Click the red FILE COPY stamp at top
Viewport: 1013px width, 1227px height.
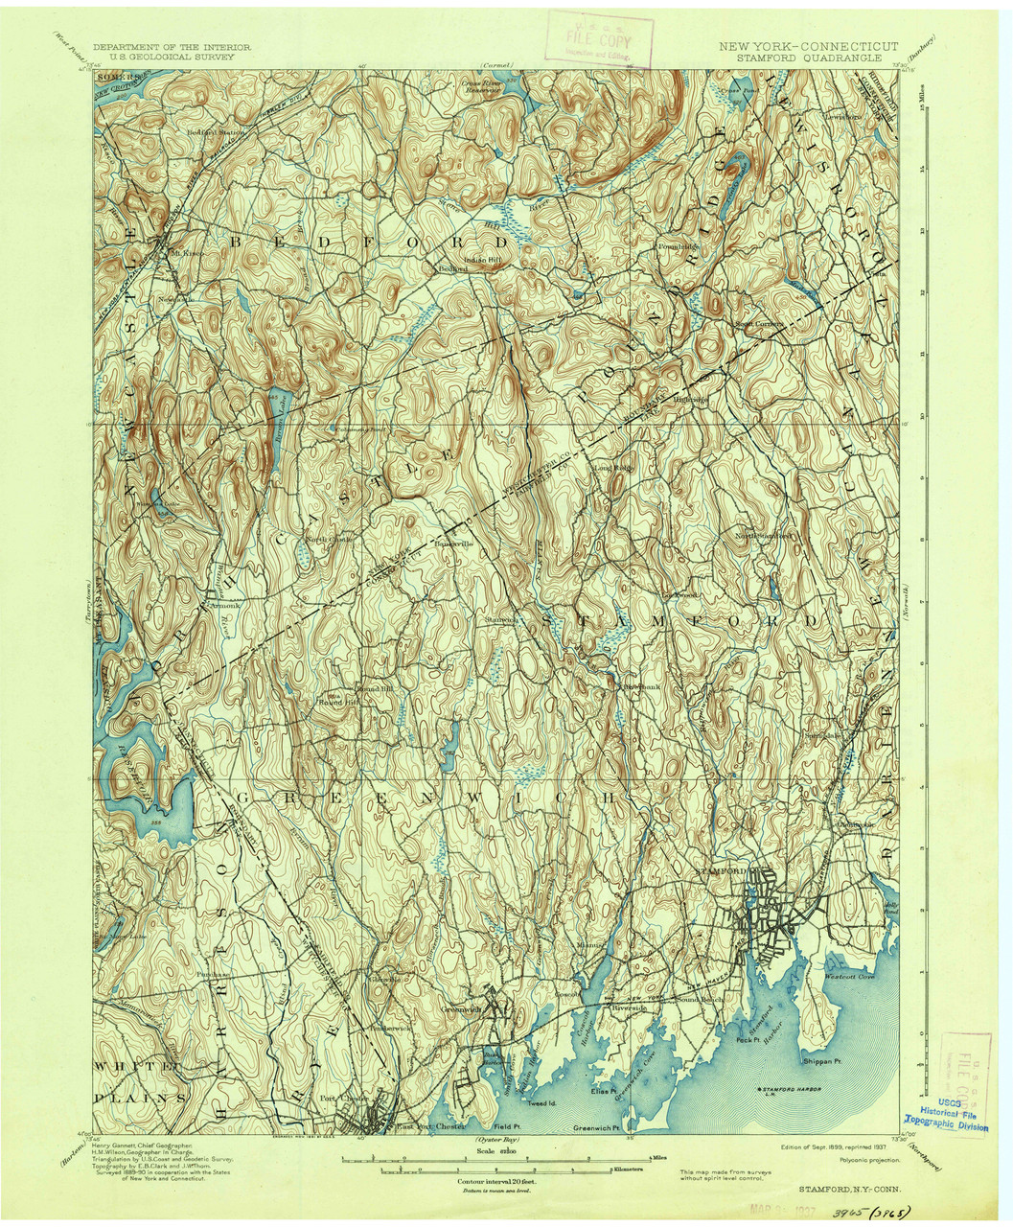coord(600,41)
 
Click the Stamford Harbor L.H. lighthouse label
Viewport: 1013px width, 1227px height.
coord(798,1091)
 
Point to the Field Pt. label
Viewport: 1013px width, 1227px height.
coord(506,1127)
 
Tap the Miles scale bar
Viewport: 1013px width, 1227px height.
coord(495,1159)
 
